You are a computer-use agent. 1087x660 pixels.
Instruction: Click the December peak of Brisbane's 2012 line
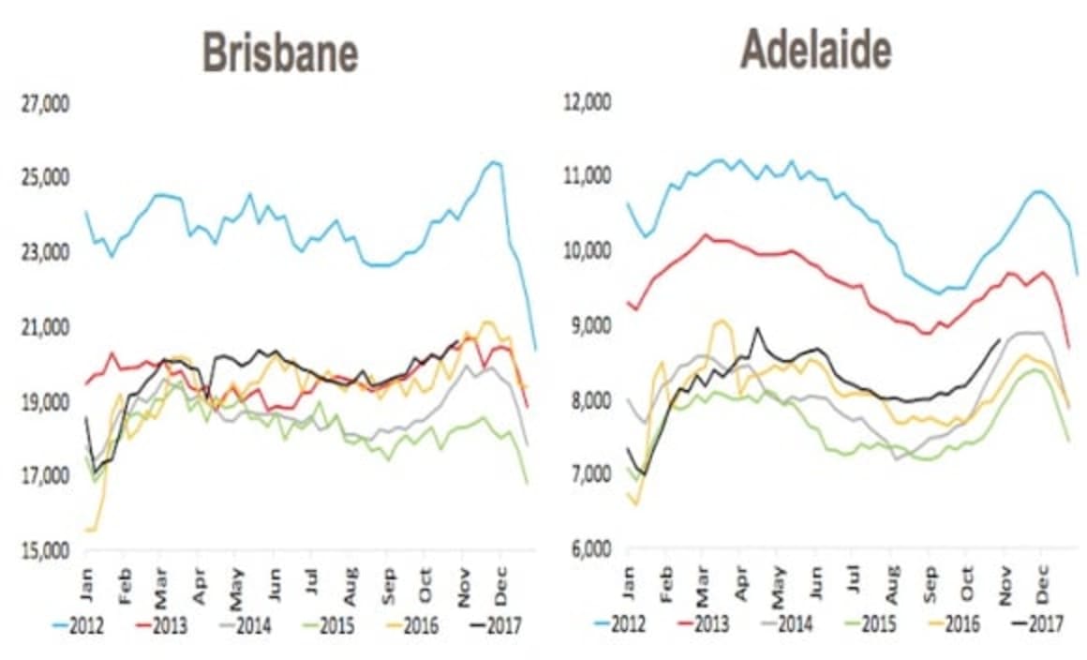pos(494,162)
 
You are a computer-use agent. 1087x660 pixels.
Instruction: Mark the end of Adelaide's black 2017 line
pos(1000,339)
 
